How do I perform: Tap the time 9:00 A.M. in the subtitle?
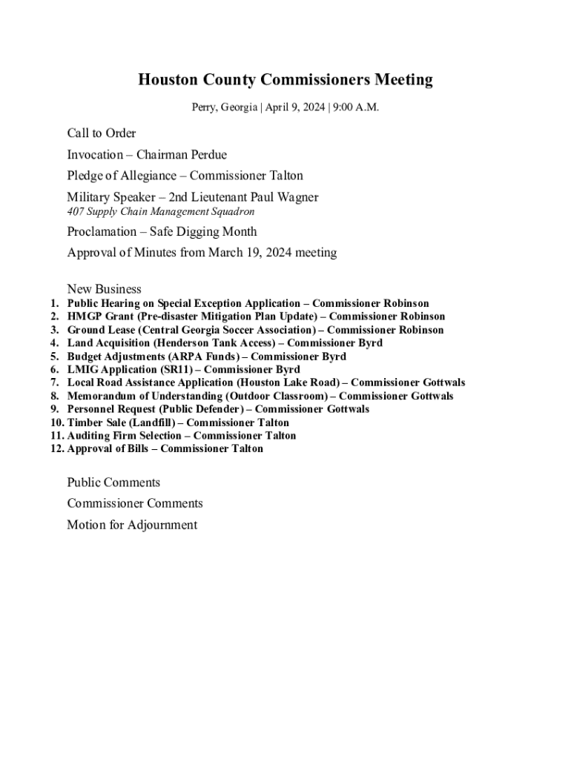356,107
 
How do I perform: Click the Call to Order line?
102,133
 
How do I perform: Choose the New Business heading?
104,289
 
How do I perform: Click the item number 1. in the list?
54,304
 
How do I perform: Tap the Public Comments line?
113,483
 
